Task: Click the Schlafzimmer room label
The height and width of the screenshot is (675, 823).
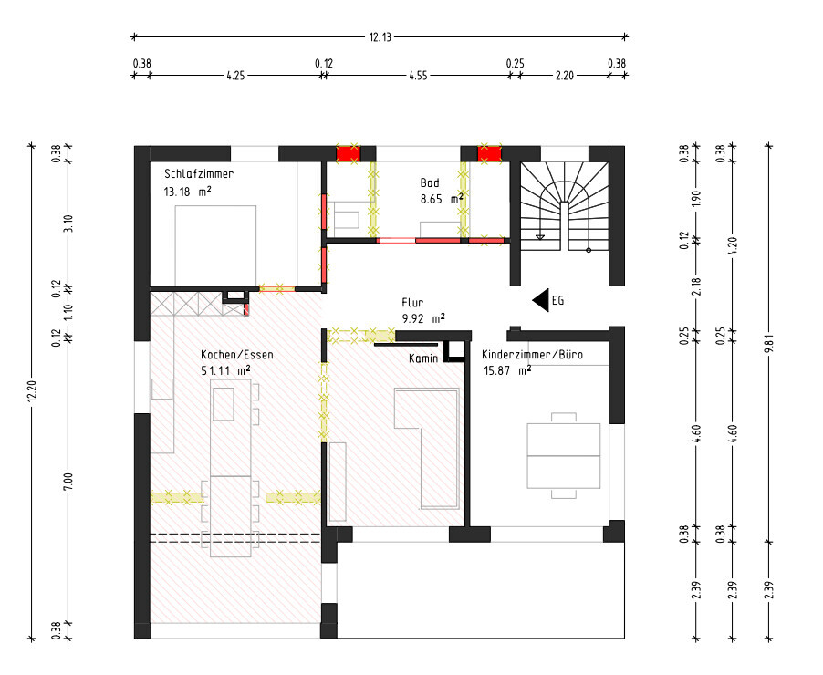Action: coord(199,173)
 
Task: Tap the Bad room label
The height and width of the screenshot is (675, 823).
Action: coord(430,182)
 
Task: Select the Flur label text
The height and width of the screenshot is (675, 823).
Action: coord(412,302)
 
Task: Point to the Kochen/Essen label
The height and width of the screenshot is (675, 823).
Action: coord(237,355)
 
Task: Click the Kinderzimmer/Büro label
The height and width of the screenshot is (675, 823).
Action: coord(532,354)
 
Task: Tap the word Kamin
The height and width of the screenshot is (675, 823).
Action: coord(423,358)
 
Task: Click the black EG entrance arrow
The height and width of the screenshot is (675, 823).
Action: coord(541,300)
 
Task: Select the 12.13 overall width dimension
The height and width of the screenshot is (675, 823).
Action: coord(380,37)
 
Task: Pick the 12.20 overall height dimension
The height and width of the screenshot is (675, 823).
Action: coord(32,391)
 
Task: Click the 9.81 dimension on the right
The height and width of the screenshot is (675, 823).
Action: coord(769,343)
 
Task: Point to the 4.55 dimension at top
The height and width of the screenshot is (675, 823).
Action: coord(418,76)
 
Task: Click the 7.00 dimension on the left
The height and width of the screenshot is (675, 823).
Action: coord(68,483)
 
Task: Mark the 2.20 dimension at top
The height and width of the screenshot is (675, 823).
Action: coord(564,76)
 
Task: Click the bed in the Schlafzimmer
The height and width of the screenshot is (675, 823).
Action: coord(215,246)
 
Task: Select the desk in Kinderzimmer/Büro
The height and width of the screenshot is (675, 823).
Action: coord(563,455)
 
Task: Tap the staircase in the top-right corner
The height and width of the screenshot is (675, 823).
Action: coord(564,206)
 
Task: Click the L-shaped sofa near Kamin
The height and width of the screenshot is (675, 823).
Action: coord(428,448)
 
